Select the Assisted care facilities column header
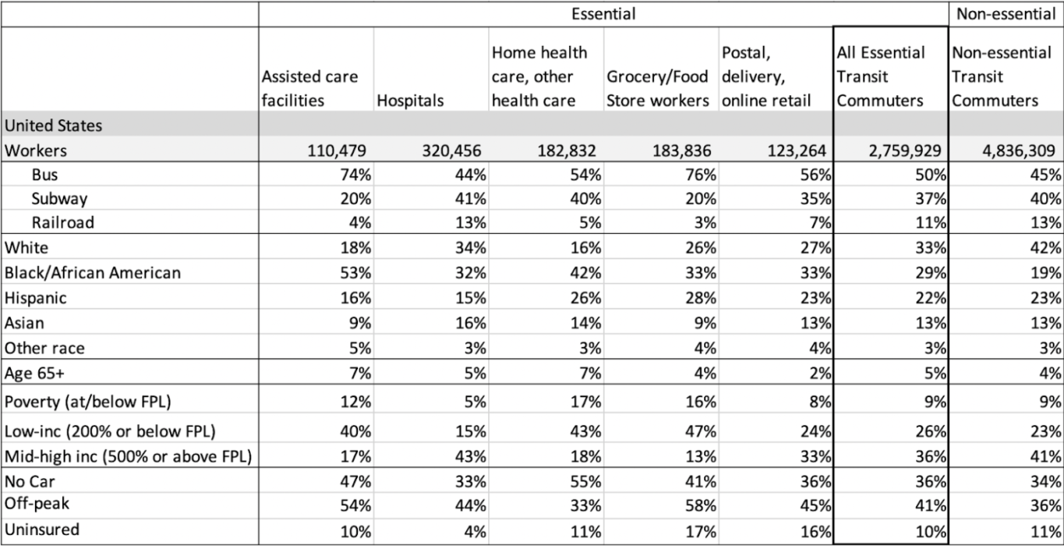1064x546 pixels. (x=310, y=89)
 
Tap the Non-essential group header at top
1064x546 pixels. (x=1006, y=13)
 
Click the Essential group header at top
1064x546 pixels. (x=603, y=13)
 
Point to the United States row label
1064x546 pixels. (x=53, y=125)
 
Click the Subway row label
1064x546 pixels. (x=59, y=198)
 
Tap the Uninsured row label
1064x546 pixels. (x=42, y=530)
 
